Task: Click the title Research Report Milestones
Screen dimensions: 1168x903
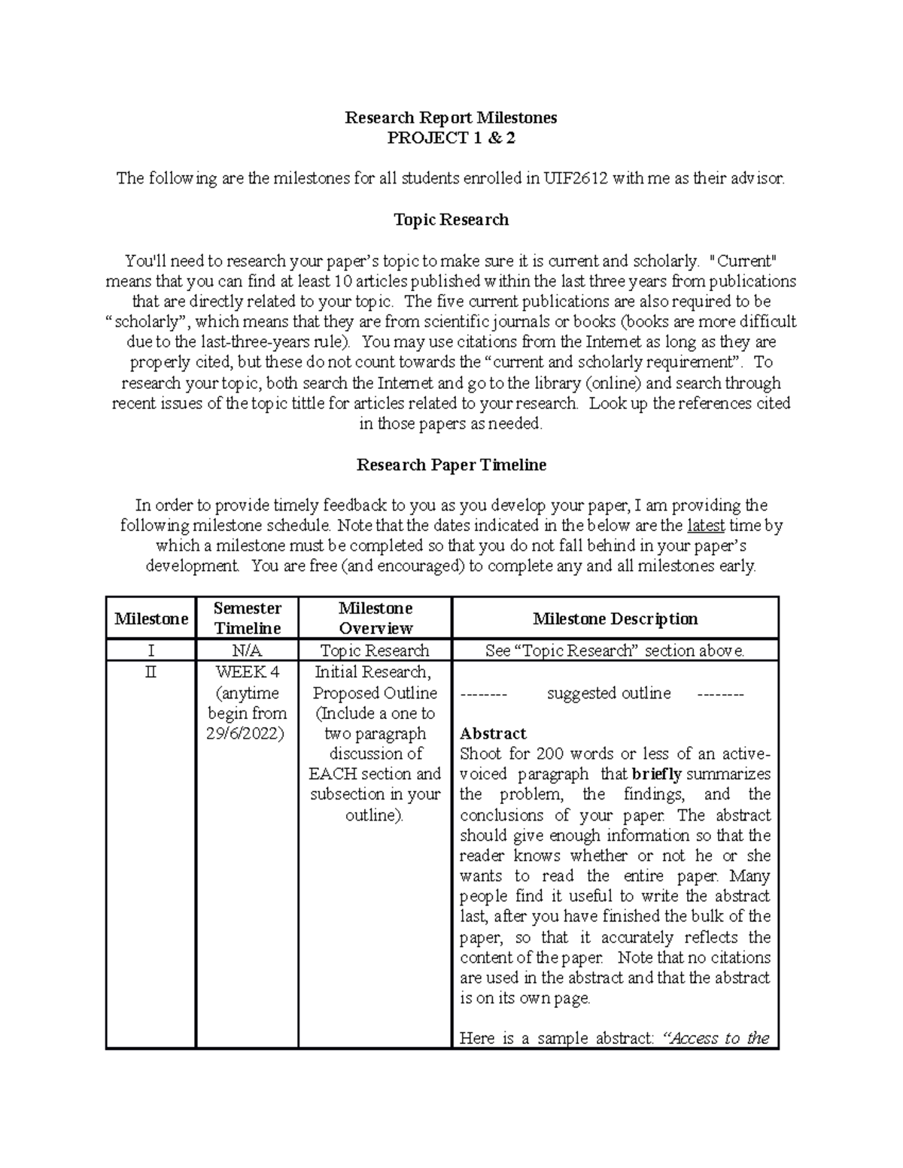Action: (x=451, y=117)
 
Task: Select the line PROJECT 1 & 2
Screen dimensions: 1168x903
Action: (x=451, y=138)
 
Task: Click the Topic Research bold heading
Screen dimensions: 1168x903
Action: (x=451, y=220)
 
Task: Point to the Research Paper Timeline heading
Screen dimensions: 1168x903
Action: (x=451, y=465)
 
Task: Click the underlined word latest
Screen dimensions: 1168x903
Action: (x=706, y=525)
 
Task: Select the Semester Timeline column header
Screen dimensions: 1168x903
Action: (x=247, y=618)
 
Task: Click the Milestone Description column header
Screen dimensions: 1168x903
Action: (x=615, y=618)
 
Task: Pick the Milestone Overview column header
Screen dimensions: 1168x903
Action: (x=375, y=618)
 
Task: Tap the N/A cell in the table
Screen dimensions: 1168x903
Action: (x=247, y=651)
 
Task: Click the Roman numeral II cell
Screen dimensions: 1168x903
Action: (x=150, y=672)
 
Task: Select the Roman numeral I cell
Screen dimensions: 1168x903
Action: (x=150, y=651)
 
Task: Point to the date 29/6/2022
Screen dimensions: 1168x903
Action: (x=246, y=734)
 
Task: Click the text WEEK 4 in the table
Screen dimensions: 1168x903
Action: (x=247, y=672)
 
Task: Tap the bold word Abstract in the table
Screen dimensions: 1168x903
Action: (x=493, y=733)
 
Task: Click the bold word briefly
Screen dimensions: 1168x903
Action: (x=657, y=774)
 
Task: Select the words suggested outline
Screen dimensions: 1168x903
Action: (x=609, y=693)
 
